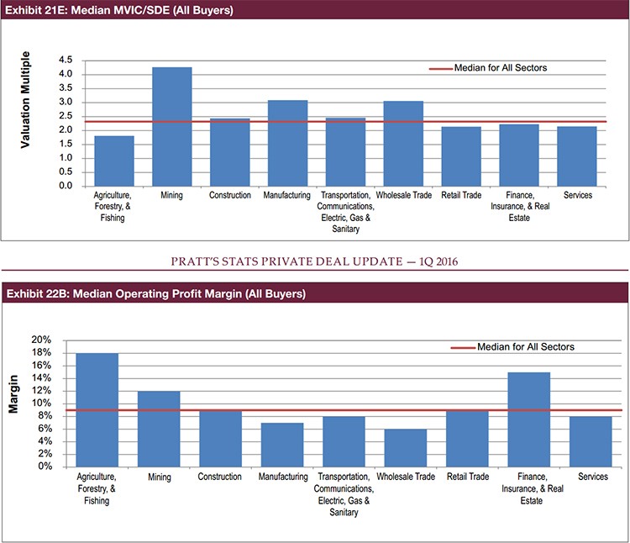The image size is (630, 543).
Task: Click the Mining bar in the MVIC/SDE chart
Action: click(171, 126)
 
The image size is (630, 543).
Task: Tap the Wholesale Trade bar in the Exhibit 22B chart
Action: click(405, 447)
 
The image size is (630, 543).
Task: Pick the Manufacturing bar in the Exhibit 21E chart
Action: click(287, 143)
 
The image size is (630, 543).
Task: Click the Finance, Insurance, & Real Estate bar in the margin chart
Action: click(528, 419)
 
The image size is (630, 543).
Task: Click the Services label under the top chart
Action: click(578, 196)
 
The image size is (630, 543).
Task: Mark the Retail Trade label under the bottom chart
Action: click(467, 477)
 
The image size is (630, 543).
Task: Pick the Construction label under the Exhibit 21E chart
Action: click(230, 196)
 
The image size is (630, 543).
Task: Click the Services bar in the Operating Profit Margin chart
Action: click(590, 441)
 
